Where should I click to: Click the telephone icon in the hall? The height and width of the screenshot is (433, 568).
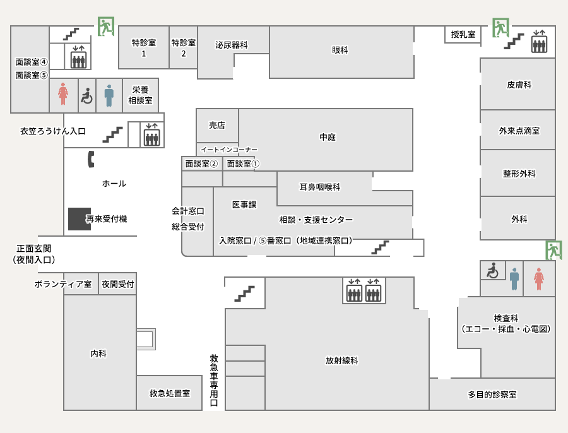(91, 159)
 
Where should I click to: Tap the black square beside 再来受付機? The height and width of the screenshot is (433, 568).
(79, 218)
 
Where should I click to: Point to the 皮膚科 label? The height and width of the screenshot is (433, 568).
(519, 85)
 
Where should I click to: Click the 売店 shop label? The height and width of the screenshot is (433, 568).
(217, 125)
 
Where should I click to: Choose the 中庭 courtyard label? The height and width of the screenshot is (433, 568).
(328, 137)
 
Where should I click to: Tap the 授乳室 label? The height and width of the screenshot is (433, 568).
(463, 35)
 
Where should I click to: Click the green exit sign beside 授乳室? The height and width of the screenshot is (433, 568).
(500, 28)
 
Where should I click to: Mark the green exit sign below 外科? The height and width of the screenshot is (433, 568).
(553, 250)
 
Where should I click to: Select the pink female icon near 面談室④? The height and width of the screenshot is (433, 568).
(63, 95)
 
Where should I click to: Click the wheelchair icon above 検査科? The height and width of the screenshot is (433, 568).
(492, 271)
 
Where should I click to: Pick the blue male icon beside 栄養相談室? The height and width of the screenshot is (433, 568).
(109, 95)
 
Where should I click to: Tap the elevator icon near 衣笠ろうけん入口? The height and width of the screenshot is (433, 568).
(151, 134)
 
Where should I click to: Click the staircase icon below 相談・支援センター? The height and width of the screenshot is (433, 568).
(380, 247)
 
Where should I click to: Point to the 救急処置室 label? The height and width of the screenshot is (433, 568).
(170, 393)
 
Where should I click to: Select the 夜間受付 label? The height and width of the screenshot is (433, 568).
(118, 284)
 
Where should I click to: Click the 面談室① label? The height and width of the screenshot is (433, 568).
(243, 163)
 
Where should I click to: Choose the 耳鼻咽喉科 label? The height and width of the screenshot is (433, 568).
(320, 187)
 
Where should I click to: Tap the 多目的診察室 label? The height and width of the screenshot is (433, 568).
(492, 394)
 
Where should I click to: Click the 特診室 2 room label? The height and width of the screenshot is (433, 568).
(184, 48)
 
